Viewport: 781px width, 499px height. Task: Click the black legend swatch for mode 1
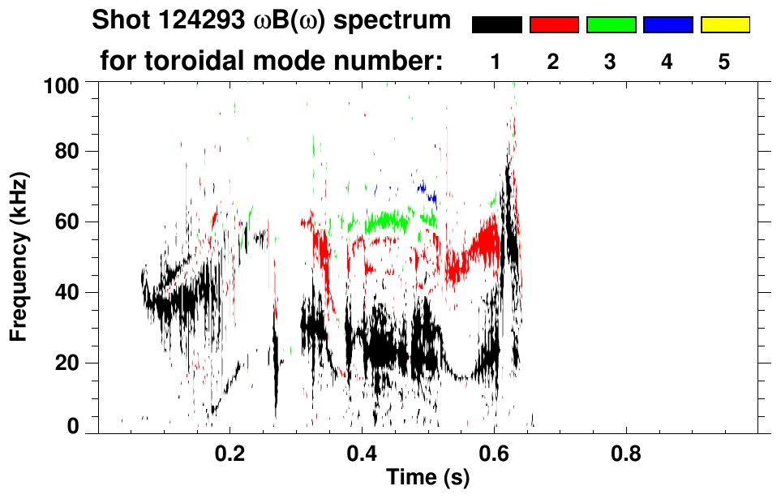tap(497, 25)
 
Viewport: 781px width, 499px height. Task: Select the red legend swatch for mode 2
tap(554, 25)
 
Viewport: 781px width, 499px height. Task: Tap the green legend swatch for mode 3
tap(611, 25)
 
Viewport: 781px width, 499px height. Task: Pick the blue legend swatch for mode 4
tap(667, 25)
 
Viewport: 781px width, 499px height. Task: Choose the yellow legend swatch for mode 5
tap(724, 25)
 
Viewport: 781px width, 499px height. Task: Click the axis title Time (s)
tap(427, 478)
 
